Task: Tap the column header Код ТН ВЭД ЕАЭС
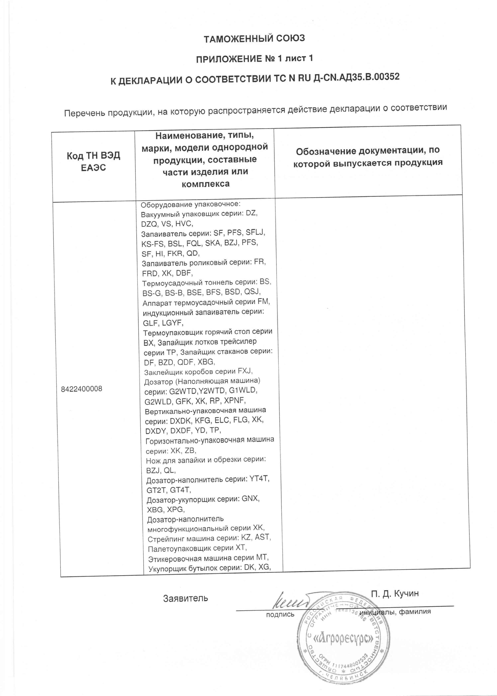[93, 161]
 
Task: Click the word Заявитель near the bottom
[185, 598]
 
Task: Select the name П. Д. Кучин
[395, 593]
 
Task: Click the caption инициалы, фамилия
[395, 612]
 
